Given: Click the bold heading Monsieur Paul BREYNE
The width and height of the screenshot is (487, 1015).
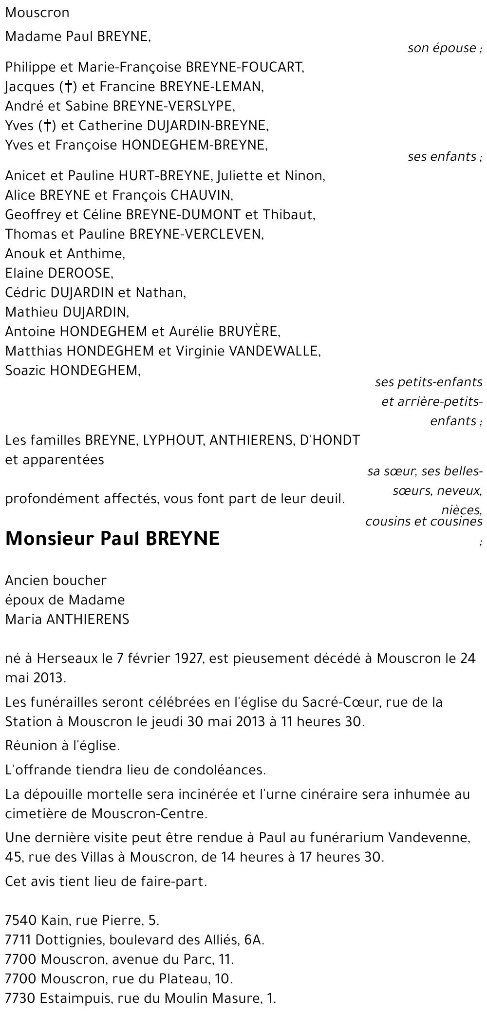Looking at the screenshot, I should coord(112,539).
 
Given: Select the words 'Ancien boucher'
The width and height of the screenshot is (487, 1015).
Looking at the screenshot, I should coord(56,581).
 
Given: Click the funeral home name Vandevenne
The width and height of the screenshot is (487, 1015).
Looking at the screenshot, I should coord(429,838).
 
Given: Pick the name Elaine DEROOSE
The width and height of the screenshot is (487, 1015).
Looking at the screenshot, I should coord(59,273).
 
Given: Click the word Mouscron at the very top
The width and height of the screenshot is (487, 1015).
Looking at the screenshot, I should coord(37,13).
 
